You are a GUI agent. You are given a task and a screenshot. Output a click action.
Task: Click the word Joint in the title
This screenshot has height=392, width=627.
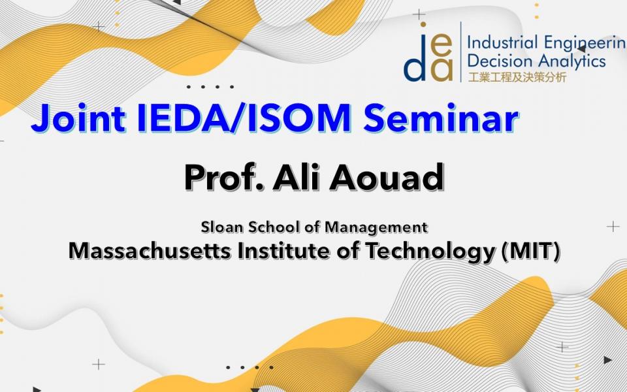pyautogui.click(x=78, y=119)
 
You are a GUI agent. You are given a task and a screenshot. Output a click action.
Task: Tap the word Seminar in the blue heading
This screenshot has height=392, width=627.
pyautogui.click(x=441, y=118)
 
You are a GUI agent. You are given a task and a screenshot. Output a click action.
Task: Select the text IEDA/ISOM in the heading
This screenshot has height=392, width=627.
pyautogui.click(x=244, y=118)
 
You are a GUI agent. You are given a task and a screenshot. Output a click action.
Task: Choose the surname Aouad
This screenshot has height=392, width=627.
pyautogui.click(x=387, y=178)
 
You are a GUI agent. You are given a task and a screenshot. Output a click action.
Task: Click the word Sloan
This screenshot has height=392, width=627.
pyautogui.click(x=222, y=227)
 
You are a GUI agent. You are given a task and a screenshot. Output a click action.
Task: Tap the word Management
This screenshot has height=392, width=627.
pyautogui.click(x=376, y=228)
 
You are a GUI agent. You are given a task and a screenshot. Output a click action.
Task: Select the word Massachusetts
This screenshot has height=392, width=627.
pyautogui.click(x=150, y=251)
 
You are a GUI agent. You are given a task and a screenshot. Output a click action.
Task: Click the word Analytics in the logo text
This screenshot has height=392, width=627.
pyautogui.click(x=572, y=61)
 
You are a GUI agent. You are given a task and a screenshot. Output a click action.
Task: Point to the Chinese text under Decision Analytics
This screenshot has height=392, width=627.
pyautogui.click(x=517, y=77)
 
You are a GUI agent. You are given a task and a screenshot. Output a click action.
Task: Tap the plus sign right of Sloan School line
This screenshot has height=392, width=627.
pyautogui.click(x=613, y=227)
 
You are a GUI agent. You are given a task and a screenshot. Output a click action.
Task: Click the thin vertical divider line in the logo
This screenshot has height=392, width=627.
pyautogui.click(x=460, y=52)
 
